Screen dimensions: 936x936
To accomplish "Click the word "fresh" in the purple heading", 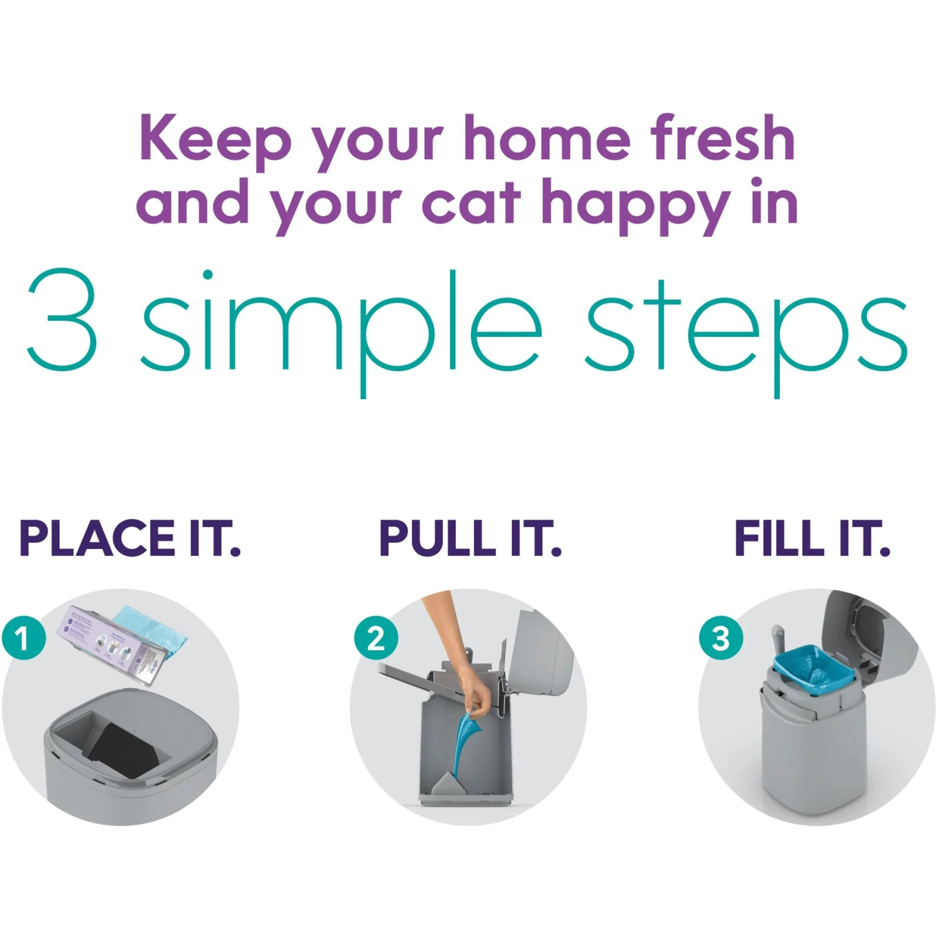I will [x=723, y=139].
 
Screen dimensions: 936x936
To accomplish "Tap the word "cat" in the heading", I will [x=471, y=203].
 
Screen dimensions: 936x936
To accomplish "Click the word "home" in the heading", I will [x=547, y=139].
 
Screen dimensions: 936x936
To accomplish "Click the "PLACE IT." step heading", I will [x=130, y=539].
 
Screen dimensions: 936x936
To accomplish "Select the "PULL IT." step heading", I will [x=470, y=539].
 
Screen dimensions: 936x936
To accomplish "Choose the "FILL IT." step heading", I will [x=812, y=539].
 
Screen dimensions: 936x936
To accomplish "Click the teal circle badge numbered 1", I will [x=24, y=638].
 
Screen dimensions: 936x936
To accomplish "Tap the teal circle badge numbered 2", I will [x=376, y=638].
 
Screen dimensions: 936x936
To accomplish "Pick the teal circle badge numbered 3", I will [x=721, y=638].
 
